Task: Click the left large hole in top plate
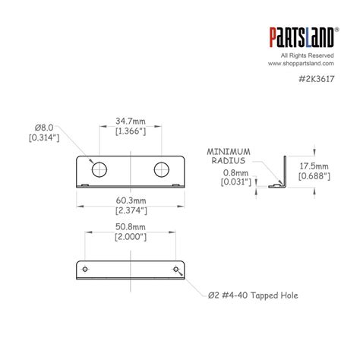99,169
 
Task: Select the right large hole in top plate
162,169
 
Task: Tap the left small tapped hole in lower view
85,269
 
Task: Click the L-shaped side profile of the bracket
284,172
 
